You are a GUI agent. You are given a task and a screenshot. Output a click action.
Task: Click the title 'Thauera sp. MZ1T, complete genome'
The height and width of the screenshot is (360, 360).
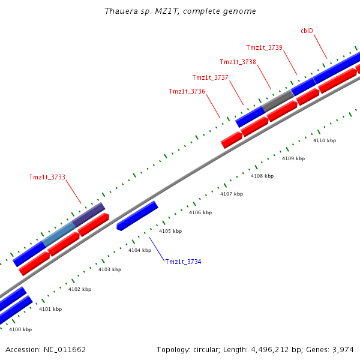coord(180,11)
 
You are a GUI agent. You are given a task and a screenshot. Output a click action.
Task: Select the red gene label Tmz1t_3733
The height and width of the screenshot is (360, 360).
coord(47,177)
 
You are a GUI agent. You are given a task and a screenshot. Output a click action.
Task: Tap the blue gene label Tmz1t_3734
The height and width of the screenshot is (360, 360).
coord(183,262)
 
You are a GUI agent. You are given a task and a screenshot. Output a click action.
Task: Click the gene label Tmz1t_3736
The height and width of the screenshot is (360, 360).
coord(187,91)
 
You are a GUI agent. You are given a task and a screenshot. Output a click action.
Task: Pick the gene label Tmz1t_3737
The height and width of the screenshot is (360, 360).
coord(210,77)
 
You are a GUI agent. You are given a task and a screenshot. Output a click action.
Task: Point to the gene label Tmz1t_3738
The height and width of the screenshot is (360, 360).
coord(238,62)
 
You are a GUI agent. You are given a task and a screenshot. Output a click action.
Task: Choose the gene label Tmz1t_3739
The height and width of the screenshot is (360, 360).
coord(264,47)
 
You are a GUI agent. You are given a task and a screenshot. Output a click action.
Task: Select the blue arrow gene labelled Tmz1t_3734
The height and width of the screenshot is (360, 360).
coord(137,215)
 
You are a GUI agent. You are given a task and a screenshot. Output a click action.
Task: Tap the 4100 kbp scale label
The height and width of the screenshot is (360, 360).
coord(20,329)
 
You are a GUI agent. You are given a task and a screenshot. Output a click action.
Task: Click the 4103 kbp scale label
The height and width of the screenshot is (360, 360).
coord(110,269)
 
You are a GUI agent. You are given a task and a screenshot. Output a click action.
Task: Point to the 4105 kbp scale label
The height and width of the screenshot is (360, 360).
coord(170,231)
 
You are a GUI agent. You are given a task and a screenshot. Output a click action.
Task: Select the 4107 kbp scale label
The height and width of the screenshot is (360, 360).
coord(232,194)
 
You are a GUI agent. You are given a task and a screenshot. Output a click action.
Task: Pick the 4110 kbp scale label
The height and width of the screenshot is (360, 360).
coord(325,140)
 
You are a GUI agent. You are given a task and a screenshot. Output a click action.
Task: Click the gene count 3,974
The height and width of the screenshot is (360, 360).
coord(342,349)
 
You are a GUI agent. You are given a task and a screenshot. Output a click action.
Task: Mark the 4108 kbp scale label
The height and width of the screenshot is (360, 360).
coord(262,176)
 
